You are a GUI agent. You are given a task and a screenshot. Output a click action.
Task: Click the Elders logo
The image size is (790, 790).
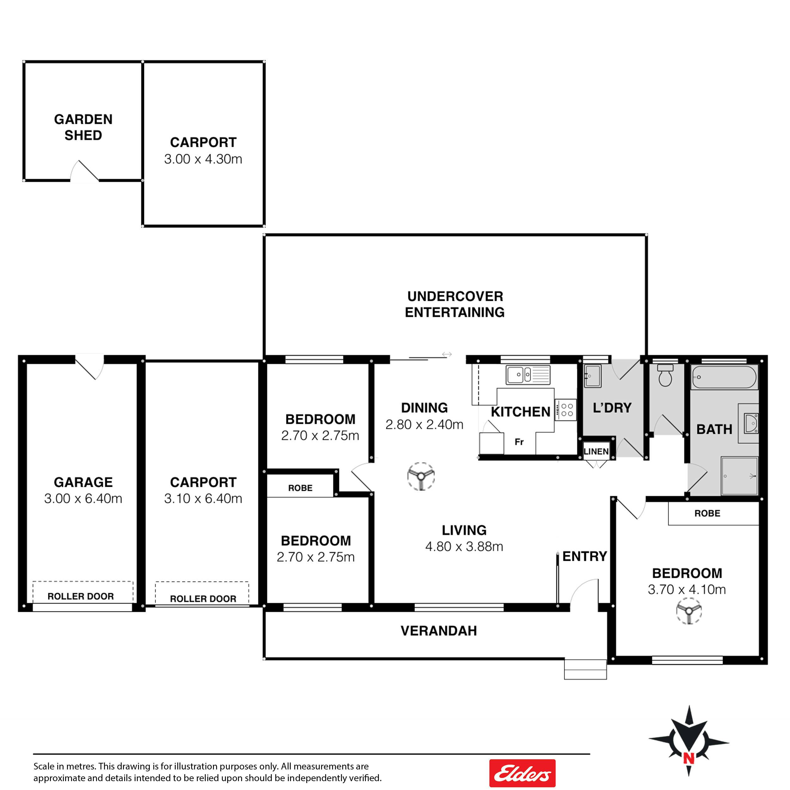coord(522,773)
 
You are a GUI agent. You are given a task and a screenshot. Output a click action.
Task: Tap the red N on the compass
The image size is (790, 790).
coord(689,758)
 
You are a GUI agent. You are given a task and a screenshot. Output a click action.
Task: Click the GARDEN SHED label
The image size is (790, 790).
coord(83,127)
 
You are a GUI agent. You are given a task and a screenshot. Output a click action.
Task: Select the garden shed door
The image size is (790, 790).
coord(85,171)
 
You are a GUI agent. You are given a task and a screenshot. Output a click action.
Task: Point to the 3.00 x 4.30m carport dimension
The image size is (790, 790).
coord(203,159)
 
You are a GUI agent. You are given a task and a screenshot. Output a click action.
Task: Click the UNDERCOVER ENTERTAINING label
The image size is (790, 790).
coord(455,304)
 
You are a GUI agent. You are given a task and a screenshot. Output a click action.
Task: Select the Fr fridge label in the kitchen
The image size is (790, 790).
coord(519,442)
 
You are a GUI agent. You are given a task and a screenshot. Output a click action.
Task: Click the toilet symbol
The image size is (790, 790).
coord(665,375)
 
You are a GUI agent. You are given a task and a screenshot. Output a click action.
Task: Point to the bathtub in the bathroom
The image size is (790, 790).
coord(724,377)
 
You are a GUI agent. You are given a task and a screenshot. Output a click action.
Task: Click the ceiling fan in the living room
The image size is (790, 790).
coord(421,477)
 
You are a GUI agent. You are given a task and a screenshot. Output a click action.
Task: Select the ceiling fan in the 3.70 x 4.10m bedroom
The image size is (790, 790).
coord(689,611)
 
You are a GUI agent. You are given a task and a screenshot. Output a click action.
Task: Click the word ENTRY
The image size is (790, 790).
coord(585,556)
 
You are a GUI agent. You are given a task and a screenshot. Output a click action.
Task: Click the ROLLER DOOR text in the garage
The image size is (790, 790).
coord(81,596)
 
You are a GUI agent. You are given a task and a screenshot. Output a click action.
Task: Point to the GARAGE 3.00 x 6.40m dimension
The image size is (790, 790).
coord(83,498)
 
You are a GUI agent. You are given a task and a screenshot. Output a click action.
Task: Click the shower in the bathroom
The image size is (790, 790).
coord(739,476)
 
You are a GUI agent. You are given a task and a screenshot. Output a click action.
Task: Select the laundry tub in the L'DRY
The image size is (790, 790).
coord(592,376)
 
